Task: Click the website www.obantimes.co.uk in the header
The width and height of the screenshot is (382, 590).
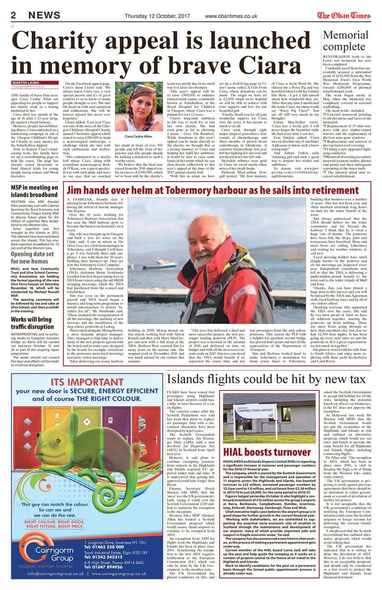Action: pos(231,16)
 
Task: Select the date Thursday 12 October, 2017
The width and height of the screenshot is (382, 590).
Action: pos(152,16)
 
